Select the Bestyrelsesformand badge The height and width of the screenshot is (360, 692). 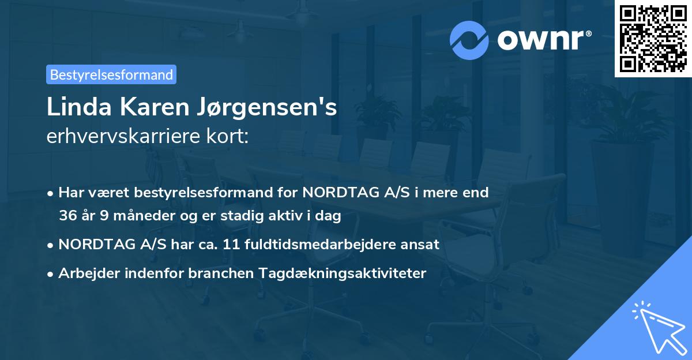(111, 74)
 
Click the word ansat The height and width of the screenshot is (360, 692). (422, 245)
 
